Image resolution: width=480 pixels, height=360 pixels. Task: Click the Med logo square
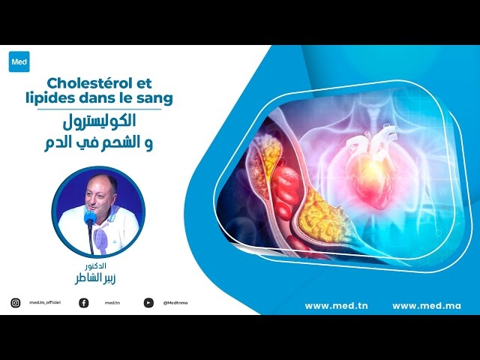pos(19,61)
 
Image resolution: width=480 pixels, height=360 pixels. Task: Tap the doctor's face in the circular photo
pos(97,196)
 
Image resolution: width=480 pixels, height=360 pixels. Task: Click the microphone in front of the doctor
pos(91,219)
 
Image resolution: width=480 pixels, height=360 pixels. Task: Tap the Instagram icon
pos(16,303)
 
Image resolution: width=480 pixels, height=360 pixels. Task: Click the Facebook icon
pos(83,303)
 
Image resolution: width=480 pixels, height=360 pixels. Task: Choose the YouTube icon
pos(148,303)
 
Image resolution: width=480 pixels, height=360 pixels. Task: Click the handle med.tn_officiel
pos(44,303)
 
